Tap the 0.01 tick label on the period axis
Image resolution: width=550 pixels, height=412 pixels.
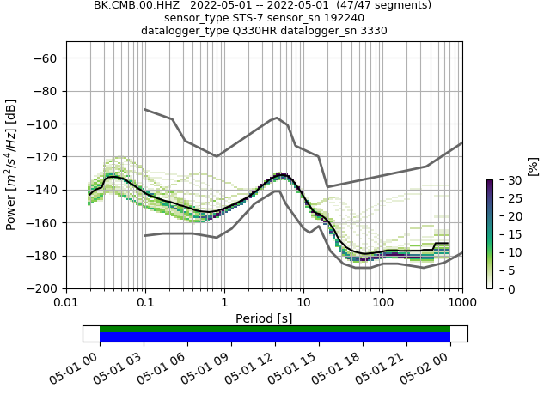click(x=66, y=303)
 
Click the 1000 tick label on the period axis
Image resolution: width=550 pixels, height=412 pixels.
click(x=461, y=303)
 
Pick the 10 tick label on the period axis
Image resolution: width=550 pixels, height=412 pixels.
click(x=303, y=303)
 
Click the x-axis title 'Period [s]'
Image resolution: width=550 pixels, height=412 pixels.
click(x=264, y=318)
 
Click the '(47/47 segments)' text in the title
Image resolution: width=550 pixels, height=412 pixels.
click(x=383, y=5)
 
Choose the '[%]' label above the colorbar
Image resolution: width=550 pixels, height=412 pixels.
click(x=533, y=166)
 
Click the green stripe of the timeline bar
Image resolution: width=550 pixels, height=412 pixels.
click(x=275, y=329)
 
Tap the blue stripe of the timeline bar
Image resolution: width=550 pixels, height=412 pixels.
click(x=275, y=337)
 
